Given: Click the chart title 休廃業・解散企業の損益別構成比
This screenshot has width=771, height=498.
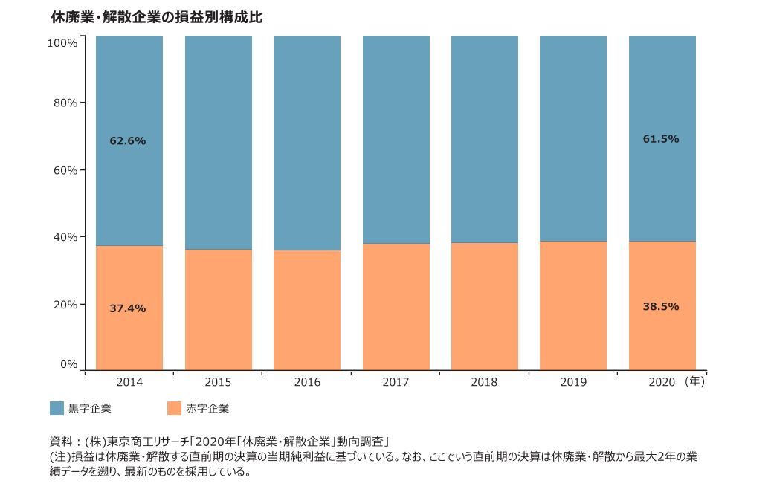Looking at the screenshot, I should (x=156, y=16).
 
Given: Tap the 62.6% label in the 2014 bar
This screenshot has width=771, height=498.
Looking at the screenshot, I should (x=128, y=140).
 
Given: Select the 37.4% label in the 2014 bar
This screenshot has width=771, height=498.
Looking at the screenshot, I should (x=128, y=308).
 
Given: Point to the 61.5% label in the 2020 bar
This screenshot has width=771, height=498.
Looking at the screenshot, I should (x=661, y=139).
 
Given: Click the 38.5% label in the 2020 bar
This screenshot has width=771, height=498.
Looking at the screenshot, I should (x=661, y=306).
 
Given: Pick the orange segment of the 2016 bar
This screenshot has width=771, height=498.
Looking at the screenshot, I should (x=307, y=310).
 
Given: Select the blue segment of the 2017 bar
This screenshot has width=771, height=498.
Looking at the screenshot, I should (x=396, y=140).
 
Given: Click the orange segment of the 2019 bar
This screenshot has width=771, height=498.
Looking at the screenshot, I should (x=573, y=305).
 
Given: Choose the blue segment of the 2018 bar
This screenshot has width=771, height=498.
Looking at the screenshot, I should (x=485, y=140).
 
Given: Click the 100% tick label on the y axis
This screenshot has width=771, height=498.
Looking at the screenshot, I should (x=62, y=43).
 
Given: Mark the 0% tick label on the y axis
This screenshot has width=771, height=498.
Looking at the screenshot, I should (x=68, y=364).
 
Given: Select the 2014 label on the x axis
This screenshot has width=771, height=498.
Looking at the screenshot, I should (x=129, y=382).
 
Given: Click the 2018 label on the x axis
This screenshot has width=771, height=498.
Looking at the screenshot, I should (x=484, y=382).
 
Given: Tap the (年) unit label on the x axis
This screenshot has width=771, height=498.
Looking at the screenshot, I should (x=694, y=381).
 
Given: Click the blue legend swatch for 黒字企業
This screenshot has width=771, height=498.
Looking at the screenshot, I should (x=57, y=408).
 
